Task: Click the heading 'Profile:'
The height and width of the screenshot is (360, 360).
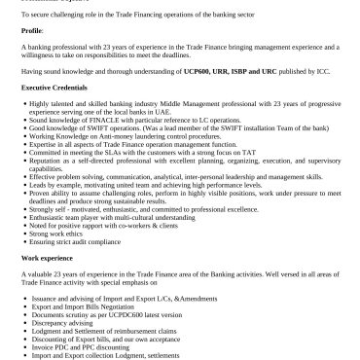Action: tap(33, 30)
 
